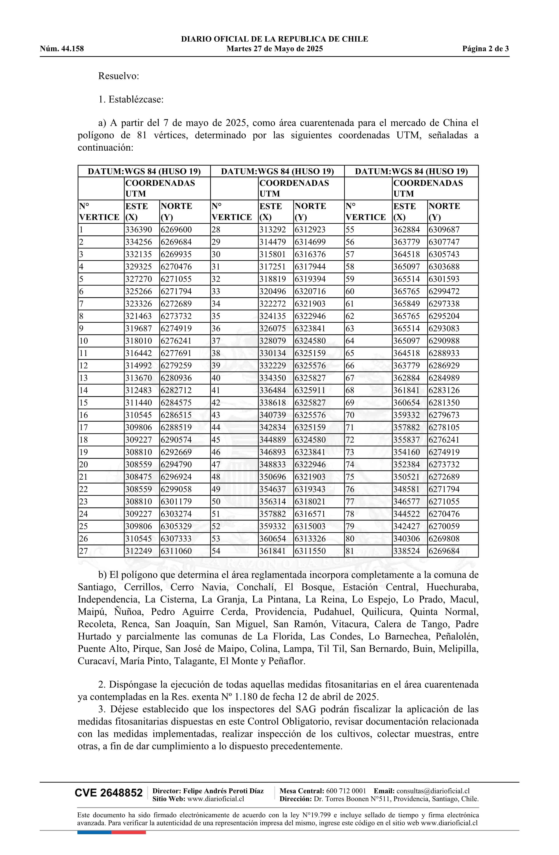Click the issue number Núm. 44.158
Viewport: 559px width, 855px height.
(x=62, y=49)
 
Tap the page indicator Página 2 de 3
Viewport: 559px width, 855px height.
(x=485, y=49)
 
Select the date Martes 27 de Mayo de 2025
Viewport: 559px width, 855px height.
(x=274, y=49)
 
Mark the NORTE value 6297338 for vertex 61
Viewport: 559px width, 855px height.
(x=444, y=304)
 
